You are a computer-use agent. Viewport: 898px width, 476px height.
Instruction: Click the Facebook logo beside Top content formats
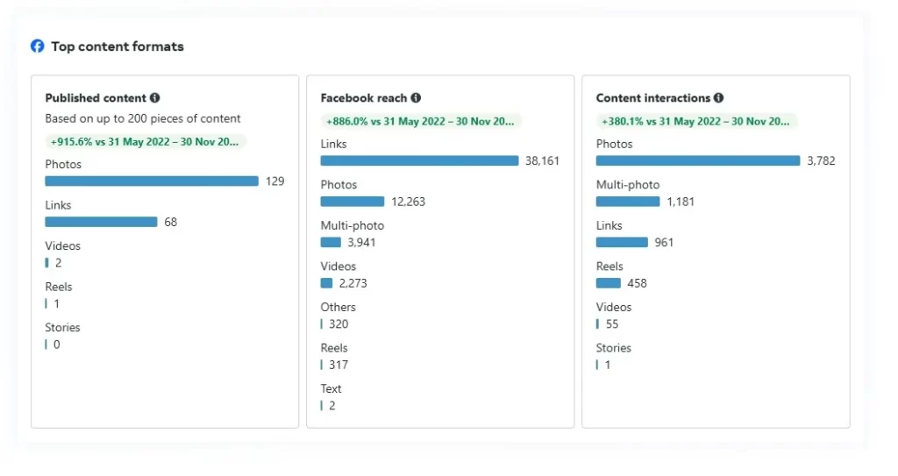click(37, 46)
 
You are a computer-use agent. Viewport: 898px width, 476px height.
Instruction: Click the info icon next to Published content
click(155, 98)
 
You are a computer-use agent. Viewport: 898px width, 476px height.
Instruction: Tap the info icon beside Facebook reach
click(416, 98)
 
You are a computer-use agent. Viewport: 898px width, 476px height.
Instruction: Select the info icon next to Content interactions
click(718, 98)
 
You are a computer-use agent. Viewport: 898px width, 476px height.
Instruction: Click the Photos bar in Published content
click(152, 181)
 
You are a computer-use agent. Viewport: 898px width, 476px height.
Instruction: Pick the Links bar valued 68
click(101, 222)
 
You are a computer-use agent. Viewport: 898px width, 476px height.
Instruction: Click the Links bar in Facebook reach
click(419, 161)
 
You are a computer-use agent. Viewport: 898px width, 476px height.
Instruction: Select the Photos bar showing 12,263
click(353, 202)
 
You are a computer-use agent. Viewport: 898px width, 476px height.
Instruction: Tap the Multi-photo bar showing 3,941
click(331, 243)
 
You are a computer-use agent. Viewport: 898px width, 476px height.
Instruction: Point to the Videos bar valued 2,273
click(326, 283)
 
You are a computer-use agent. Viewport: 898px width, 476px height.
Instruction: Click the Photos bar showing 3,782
click(698, 161)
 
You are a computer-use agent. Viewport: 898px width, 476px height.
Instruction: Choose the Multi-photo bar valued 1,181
click(628, 202)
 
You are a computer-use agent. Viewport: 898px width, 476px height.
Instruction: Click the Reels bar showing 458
click(609, 283)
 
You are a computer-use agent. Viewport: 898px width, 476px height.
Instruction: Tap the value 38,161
click(542, 161)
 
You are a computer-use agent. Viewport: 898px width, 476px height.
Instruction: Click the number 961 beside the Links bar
click(664, 243)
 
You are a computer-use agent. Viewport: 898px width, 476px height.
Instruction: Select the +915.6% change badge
click(146, 141)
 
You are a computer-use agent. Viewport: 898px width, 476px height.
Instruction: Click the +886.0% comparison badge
click(421, 122)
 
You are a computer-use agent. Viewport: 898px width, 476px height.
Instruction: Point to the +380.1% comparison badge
click(696, 122)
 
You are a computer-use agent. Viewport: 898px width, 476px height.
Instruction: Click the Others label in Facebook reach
click(339, 308)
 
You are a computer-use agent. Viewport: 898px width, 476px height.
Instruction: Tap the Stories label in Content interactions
click(614, 348)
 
